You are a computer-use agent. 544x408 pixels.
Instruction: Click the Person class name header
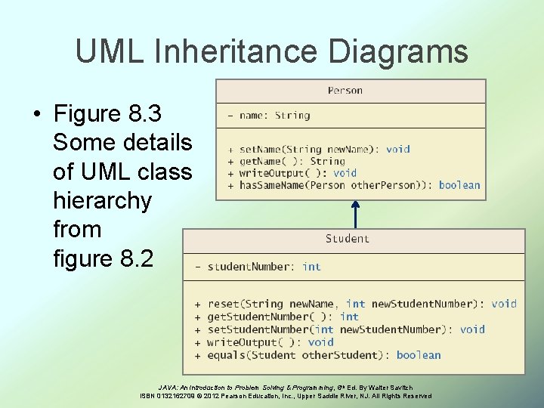point(345,91)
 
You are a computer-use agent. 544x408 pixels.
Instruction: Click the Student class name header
point(348,239)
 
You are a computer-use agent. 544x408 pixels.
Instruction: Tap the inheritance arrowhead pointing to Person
point(355,205)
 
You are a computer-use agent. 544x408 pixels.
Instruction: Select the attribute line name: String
point(274,116)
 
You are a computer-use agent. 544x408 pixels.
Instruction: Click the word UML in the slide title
point(104,52)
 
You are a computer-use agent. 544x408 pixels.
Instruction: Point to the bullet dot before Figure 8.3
point(36,115)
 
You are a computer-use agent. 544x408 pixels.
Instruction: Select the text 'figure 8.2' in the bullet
point(103,259)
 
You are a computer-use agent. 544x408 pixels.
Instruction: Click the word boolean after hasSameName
point(459,185)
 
